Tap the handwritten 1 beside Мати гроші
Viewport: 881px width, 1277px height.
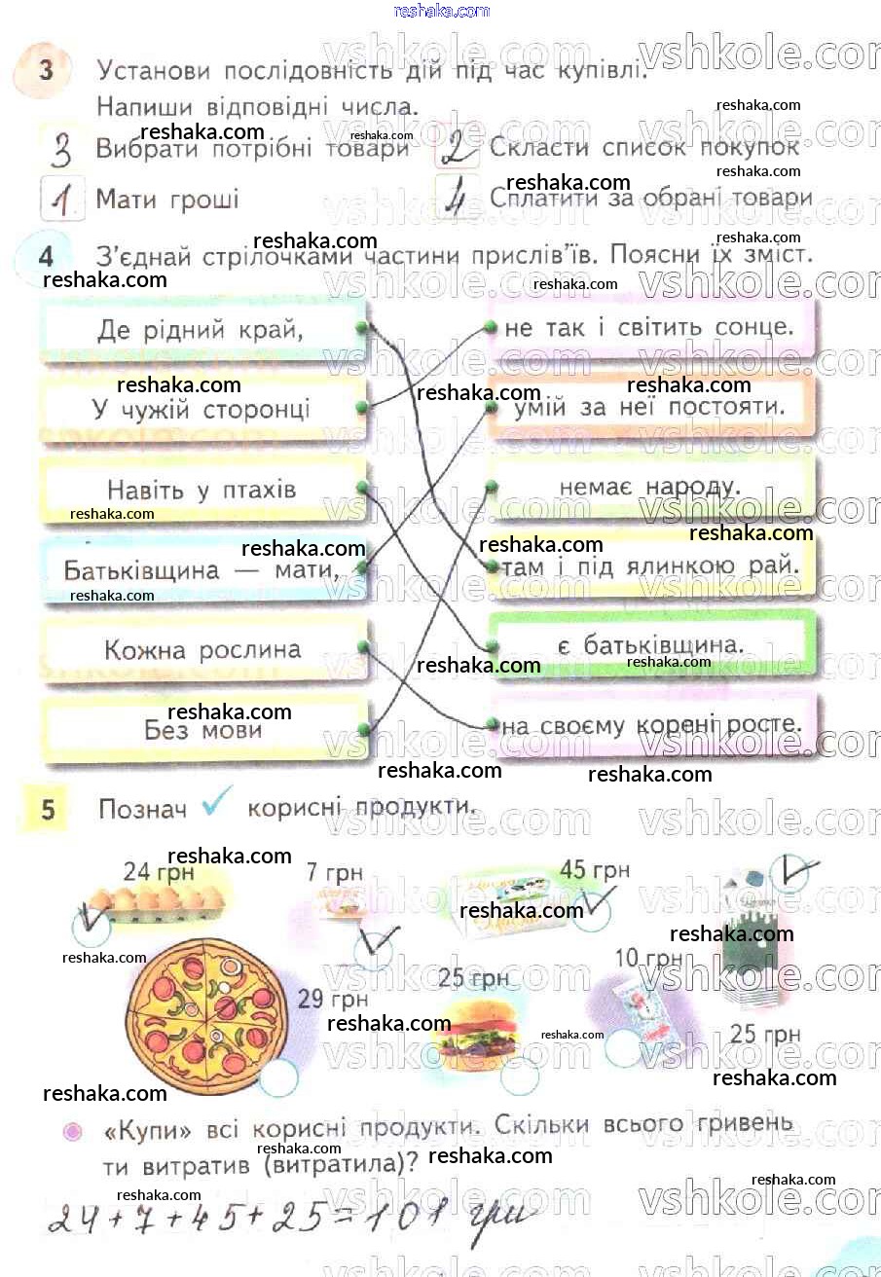point(63,200)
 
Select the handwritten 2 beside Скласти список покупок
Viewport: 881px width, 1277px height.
point(457,149)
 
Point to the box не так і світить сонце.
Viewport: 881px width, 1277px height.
point(649,328)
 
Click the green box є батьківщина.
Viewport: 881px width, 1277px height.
point(649,644)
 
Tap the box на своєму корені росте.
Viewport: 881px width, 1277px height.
point(649,724)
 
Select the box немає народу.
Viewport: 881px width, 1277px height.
point(649,486)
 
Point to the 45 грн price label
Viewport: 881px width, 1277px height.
point(595,869)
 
